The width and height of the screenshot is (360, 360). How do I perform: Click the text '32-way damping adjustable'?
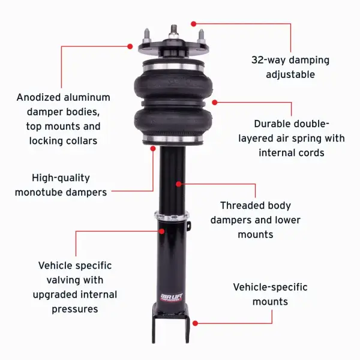pos(290,67)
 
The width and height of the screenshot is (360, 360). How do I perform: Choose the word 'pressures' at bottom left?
pos(75,310)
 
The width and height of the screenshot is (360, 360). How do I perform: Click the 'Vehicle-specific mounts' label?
pos(270,294)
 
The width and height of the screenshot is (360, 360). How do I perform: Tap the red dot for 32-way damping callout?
pos(193,23)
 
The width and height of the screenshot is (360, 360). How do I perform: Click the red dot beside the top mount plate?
pos(130,46)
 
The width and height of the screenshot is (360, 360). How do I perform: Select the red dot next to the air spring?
pos(215,102)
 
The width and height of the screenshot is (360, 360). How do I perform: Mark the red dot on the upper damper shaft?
pos(178,184)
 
